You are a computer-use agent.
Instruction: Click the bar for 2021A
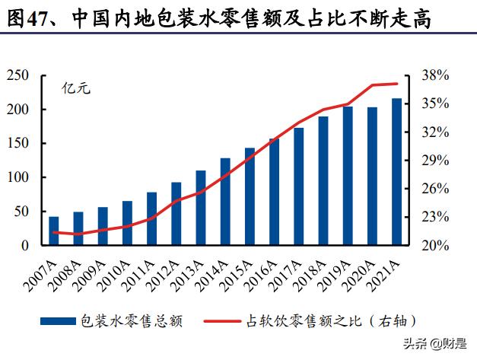[396, 172]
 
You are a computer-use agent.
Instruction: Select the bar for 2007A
[53, 231]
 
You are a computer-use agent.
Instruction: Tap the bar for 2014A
[225, 202]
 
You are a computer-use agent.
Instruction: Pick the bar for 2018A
[323, 181]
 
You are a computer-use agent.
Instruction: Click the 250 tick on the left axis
[18, 75]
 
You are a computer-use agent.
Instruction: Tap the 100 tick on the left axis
[18, 177]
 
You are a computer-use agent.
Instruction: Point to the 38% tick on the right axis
[437, 75]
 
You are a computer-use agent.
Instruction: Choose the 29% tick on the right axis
[437, 161]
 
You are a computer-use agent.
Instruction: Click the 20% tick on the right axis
[437, 246]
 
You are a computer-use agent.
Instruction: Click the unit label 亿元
[76, 88]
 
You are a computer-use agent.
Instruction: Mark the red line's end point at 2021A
[396, 84]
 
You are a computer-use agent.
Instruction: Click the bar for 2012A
[176, 214]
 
